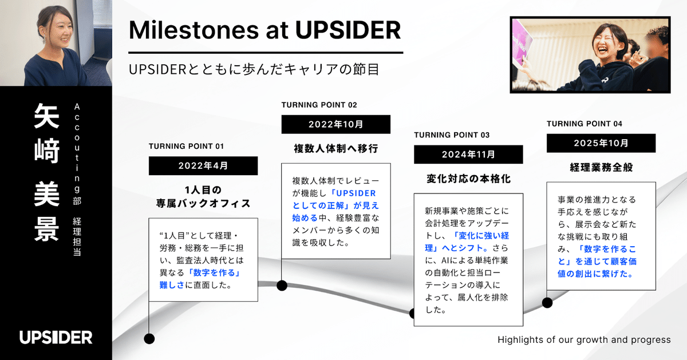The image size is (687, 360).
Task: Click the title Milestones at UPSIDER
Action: click(x=264, y=30)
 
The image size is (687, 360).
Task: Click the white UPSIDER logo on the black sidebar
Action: click(x=56, y=337)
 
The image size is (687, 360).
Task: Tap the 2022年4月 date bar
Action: click(x=203, y=166)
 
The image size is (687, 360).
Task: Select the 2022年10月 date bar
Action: click(x=335, y=124)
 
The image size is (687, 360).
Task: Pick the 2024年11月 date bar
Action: click(x=468, y=155)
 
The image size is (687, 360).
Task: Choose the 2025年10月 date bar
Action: click(x=601, y=143)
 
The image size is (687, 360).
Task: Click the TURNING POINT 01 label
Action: click(x=186, y=146)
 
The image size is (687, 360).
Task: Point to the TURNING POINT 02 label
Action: click(x=319, y=105)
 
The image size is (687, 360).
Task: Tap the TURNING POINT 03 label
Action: click(x=452, y=135)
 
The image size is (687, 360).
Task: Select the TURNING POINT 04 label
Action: click(x=585, y=124)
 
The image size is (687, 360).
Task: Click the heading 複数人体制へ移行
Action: click(x=335, y=149)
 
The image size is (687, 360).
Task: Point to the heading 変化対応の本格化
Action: click(x=468, y=179)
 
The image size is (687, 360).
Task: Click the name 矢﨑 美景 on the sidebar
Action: click(x=45, y=172)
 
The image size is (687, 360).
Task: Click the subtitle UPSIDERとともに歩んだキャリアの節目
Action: click(x=254, y=70)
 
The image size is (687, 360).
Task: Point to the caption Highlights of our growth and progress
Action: click(x=584, y=339)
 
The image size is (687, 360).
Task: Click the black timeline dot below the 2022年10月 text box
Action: click(x=282, y=285)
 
